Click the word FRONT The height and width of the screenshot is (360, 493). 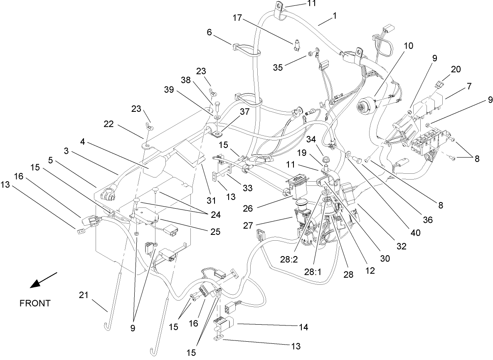click(35, 303)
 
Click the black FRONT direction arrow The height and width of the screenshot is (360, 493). click(43, 280)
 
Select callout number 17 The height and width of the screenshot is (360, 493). click(237, 18)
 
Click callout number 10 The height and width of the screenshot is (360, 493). click(408, 46)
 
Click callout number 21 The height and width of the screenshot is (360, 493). click(84, 295)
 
